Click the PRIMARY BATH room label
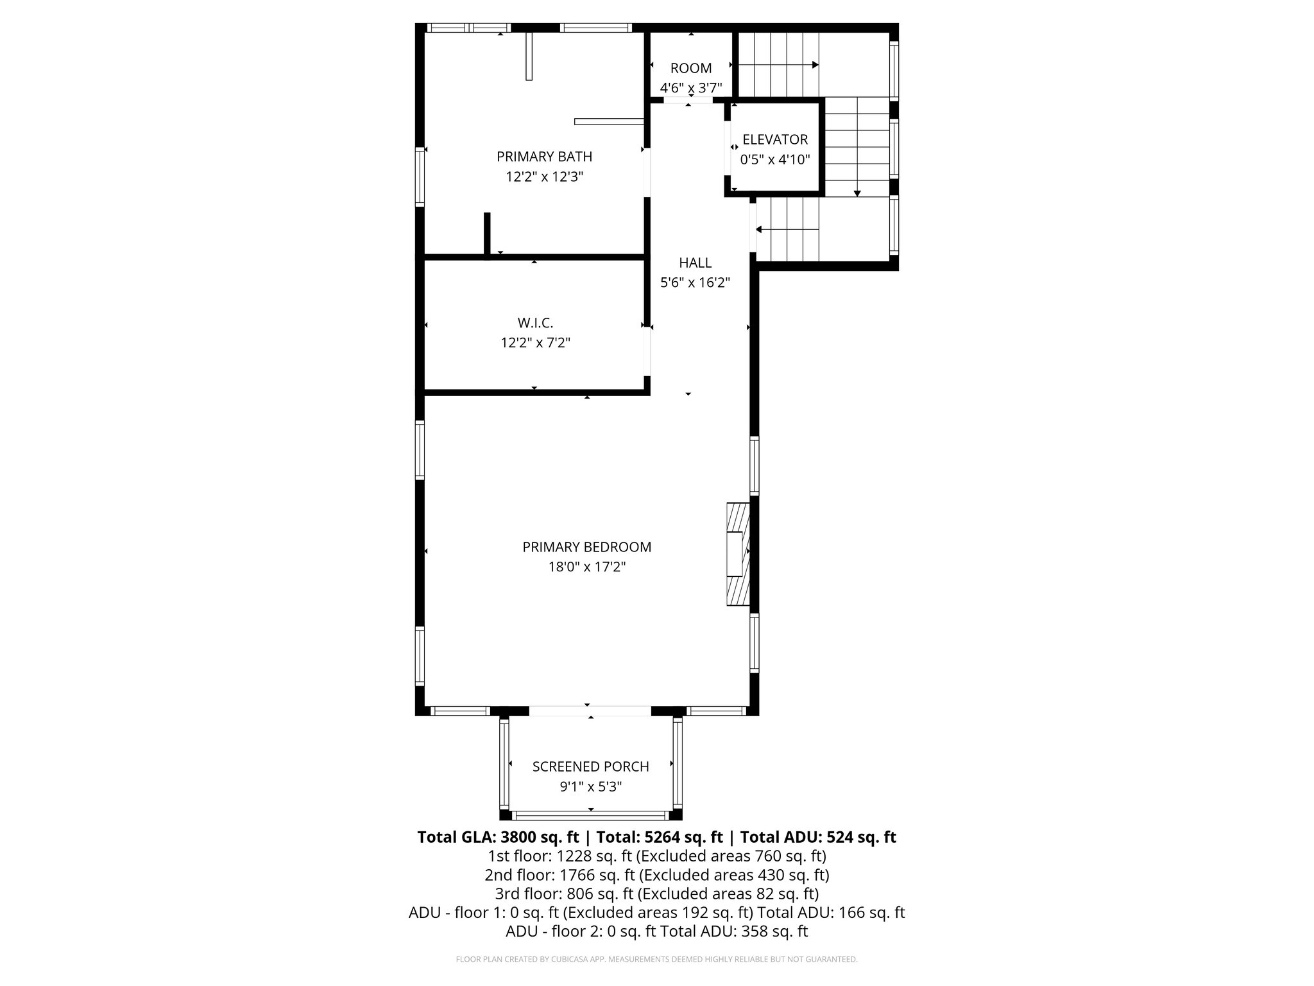(544, 157)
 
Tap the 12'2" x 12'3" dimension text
(544, 177)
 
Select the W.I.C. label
(535, 323)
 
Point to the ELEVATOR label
(775, 139)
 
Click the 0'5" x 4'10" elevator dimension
(775, 159)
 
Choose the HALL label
(695, 263)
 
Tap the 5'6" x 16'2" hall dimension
(695, 282)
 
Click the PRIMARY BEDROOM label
(586, 547)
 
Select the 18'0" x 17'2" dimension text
(586, 567)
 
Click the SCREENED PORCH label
(590, 766)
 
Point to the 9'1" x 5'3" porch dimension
(590, 786)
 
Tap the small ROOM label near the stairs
(691, 68)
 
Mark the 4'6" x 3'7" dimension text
(691, 88)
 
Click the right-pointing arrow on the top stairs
(814, 65)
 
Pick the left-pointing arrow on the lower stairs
(760, 229)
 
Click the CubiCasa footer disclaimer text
(656, 959)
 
